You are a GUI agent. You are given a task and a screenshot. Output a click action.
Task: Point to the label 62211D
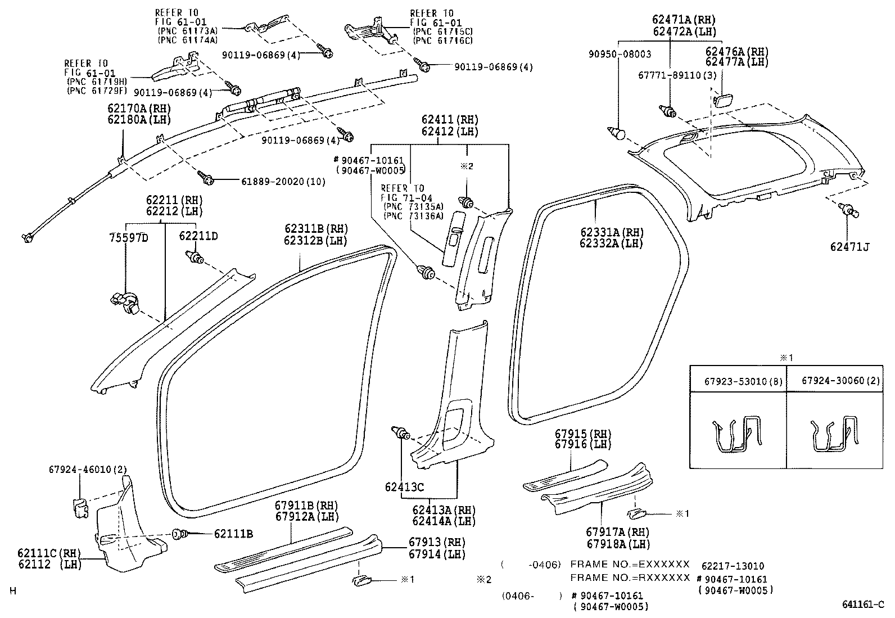[x=198, y=236]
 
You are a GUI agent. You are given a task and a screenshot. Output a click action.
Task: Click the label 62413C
[x=404, y=487]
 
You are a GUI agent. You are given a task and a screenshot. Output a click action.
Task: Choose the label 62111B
[x=233, y=534]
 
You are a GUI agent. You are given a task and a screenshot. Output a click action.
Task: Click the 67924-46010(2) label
[x=88, y=469]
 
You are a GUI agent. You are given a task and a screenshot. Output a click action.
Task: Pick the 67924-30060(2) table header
[x=833, y=381]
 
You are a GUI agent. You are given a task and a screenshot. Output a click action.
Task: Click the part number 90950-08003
[x=620, y=55]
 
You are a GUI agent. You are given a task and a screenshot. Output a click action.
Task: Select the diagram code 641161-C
[x=863, y=605]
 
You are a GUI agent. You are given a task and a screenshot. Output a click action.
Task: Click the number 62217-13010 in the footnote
[x=733, y=566]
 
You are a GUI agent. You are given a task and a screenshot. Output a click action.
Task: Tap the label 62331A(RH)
[x=612, y=232]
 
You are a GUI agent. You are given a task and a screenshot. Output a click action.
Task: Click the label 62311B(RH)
[x=316, y=228]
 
